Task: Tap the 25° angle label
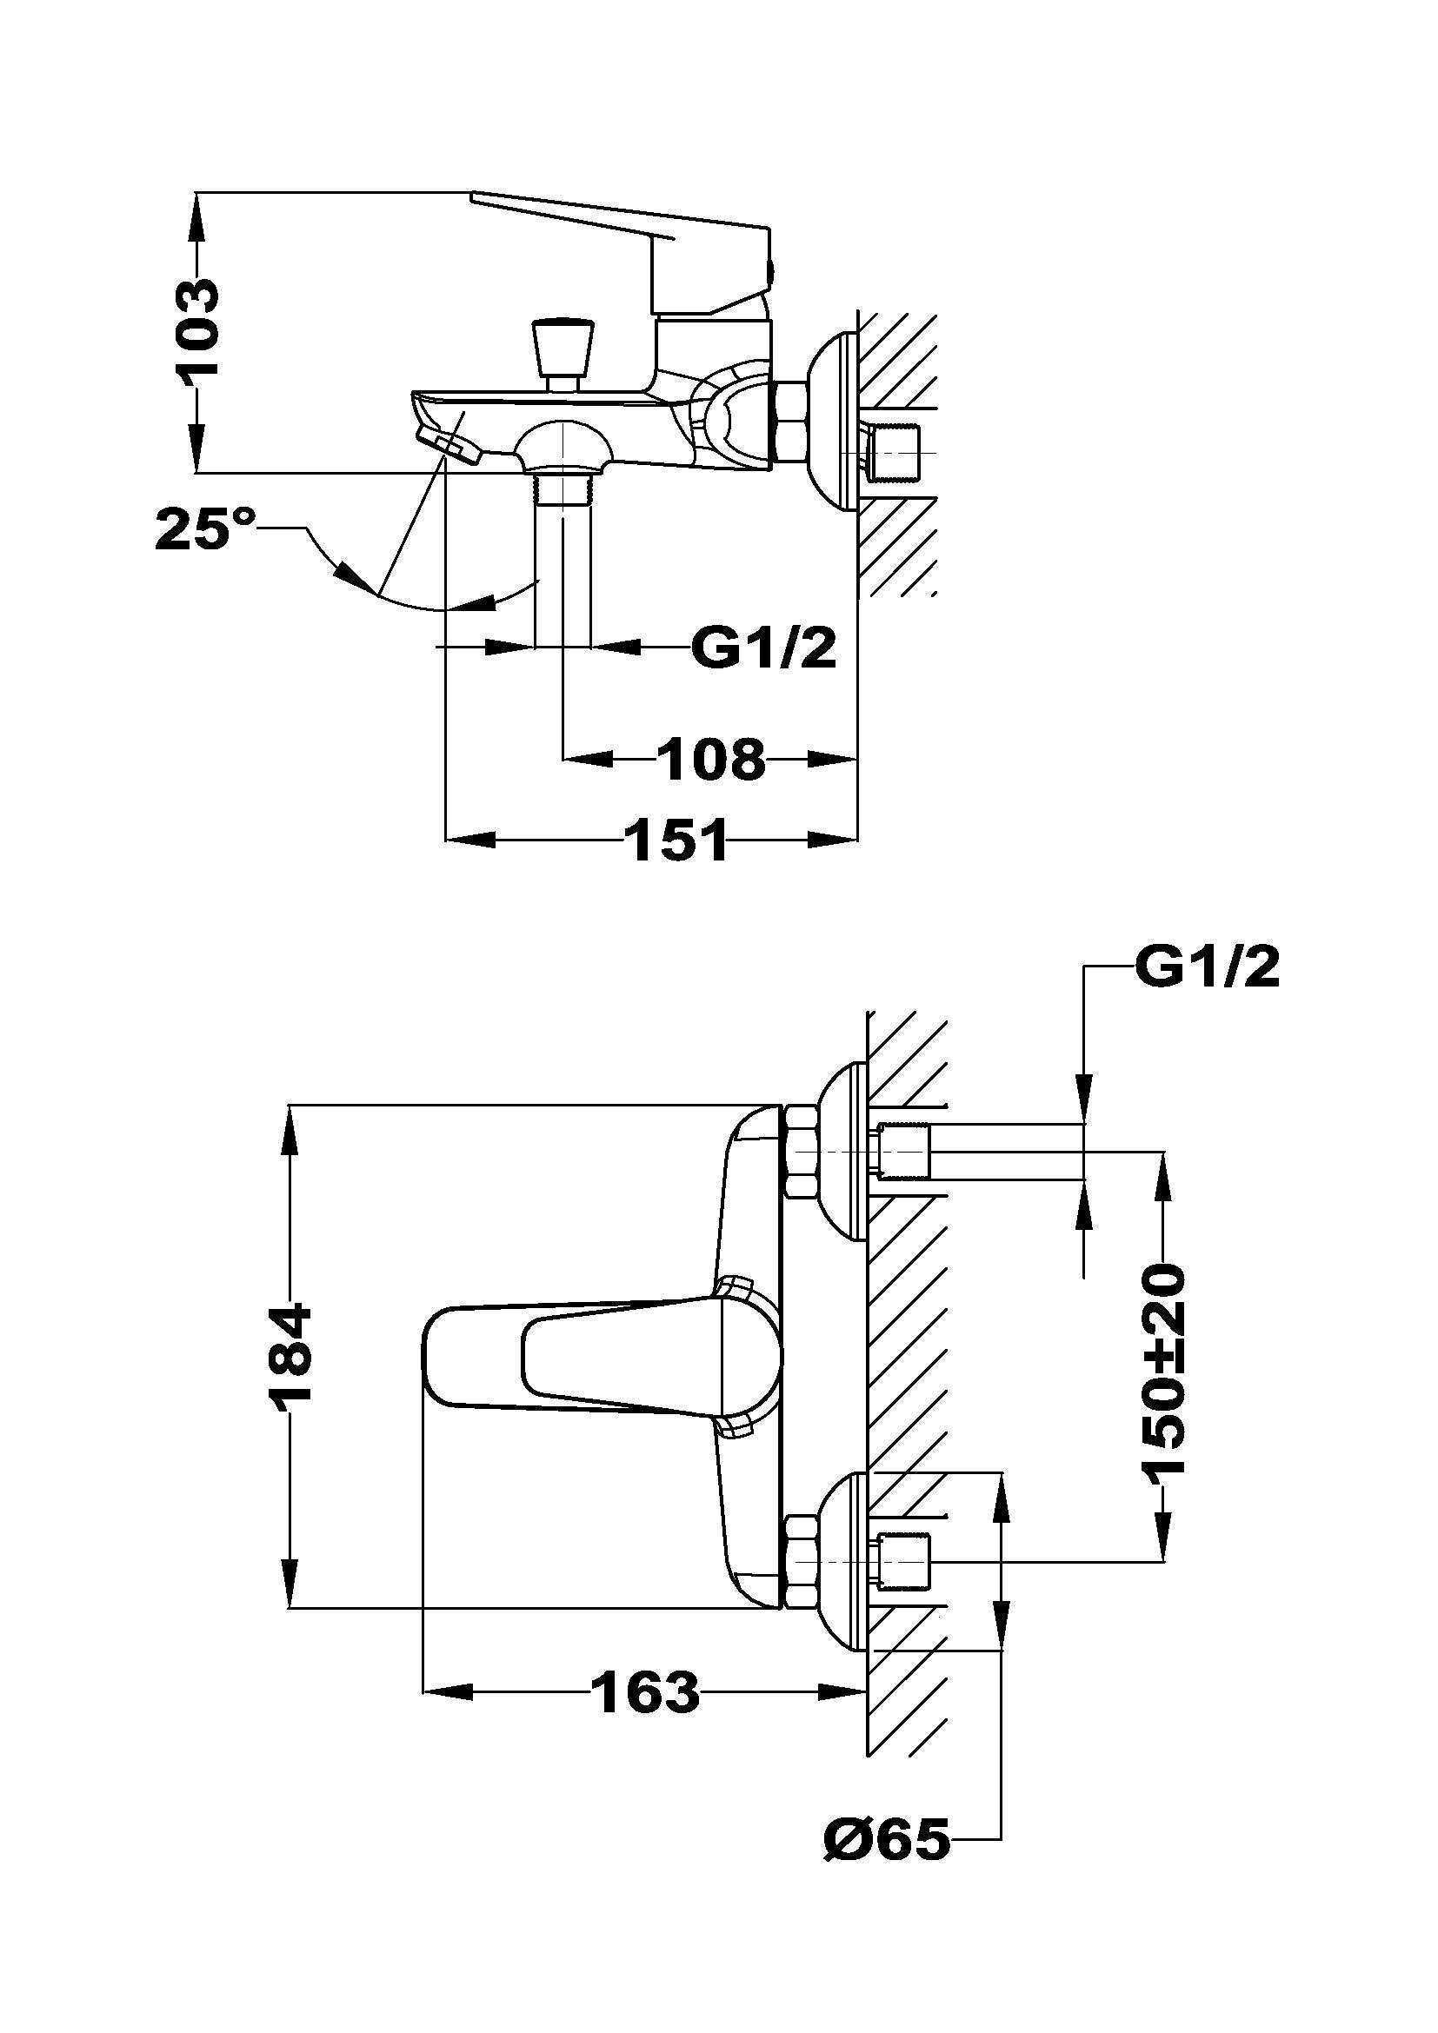pyautogui.click(x=205, y=529)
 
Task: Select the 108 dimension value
pyautogui.click(x=711, y=760)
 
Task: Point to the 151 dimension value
pyautogui.click(x=677, y=840)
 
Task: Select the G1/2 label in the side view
pyautogui.click(x=763, y=649)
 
